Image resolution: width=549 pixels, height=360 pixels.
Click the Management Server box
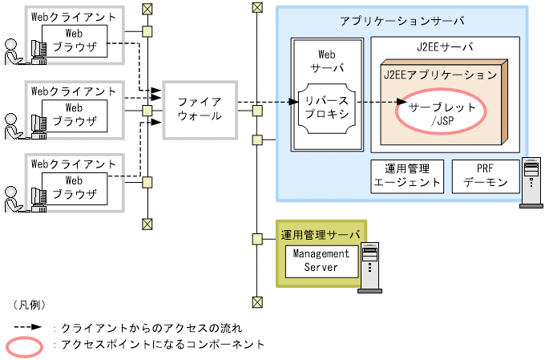pos(321,260)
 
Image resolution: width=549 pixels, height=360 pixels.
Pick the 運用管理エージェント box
pos(407,176)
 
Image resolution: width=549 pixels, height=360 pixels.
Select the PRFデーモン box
pos(485,176)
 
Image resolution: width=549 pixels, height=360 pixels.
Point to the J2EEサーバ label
pos(445,47)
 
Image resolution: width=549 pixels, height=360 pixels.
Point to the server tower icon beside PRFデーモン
pos(531,182)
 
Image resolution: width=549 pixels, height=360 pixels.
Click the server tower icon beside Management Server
pos(368,267)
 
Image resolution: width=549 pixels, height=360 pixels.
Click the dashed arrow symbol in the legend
pos(30,329)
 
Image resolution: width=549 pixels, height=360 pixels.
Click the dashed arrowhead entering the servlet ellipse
pos(401,103)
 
